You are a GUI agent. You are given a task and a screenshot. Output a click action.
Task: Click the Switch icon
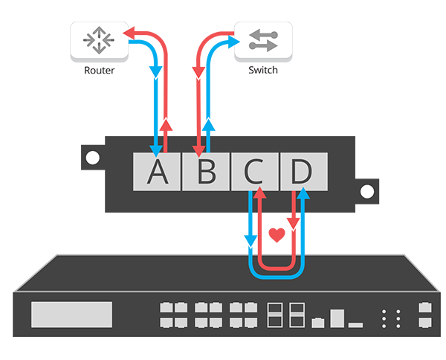click(x=263, y=41)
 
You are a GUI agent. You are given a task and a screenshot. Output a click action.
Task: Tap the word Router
click(x=98, y=71)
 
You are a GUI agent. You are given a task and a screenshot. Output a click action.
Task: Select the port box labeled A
click(x=156, y=171)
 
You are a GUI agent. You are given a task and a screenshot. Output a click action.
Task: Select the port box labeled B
click(x=205, y=171)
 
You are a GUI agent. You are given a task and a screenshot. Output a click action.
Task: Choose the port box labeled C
click(x=254, y=171)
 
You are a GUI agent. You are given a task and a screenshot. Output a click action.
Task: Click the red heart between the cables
click(x=277, y=236)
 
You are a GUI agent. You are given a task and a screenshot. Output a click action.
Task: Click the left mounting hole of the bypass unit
click(x=92, y=158)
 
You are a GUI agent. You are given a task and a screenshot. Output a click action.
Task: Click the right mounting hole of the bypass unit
click(x=366, y=190)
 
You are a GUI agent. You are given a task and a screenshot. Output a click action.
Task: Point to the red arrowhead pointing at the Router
click(x=128, y=33)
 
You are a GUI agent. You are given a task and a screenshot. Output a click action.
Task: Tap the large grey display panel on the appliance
click(x=71, y=315)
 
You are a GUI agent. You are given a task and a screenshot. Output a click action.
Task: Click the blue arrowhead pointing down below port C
click(x=249, y=243)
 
